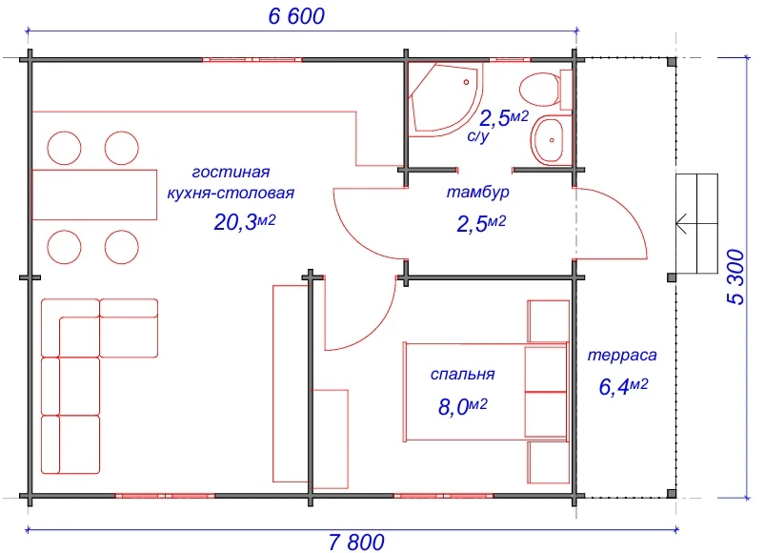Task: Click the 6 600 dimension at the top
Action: pos(296,16)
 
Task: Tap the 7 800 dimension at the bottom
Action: pos(356,543)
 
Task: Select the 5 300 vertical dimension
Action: pos(736,277)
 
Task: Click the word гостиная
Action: pos(231,172)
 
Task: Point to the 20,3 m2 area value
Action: pos(245,222)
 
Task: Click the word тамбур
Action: pos(477,192)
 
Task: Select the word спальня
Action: pos(462,374)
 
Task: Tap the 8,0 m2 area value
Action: pos(462,406)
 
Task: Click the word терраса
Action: pos(622,355)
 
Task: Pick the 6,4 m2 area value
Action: pos(623,386)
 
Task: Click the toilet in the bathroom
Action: pos(546,90)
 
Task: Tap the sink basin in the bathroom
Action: pos(551,140)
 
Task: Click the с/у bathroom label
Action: pos(478,135)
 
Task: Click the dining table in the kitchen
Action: pos(94,195)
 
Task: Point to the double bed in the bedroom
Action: pos(486,392)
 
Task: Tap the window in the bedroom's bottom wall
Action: pos(444,496)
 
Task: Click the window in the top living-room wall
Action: pos(252,59)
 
